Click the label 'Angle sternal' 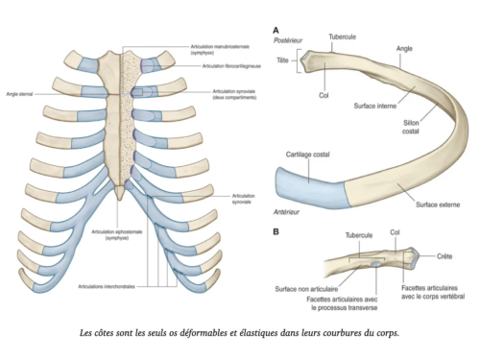pyautogui.click(x=18, y=95)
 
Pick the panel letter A pyautogui.click(x=276, y=29)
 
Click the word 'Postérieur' pyautogui.click(x=289, y=42)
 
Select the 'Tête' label pyautogui.click(x=283, y=60)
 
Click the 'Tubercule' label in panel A pyautogui.click(x=343, y=36)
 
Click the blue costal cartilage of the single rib pyautogui.click(x=309, y=183)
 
